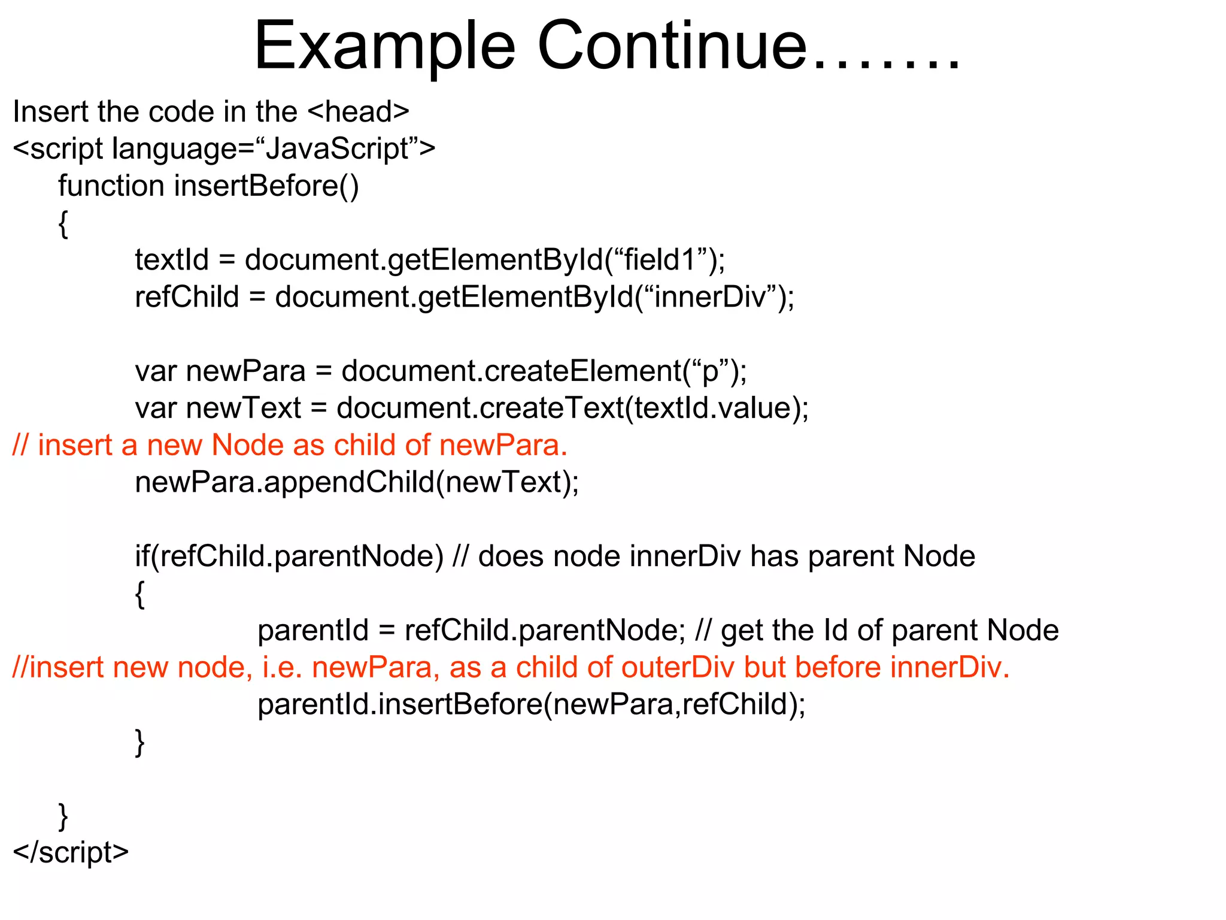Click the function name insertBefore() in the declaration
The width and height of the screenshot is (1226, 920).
tap(266, 186)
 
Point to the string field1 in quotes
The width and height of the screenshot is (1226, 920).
tap(659, 260)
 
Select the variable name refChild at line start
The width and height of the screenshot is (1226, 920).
tap(187, 297)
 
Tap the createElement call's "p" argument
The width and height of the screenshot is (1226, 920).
tap(711, 371)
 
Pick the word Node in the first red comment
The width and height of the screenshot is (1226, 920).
tap(247, 446)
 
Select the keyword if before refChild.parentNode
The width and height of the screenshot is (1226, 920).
tap(142, 556)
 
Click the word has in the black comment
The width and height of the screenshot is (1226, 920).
tap(774, 556)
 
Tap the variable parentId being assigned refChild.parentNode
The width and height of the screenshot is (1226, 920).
tap(312, 631)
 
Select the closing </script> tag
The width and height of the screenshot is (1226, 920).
tap(71, 852)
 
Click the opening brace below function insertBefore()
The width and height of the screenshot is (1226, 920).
tap(63, 224)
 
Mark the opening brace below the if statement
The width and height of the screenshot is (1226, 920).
tap(140, 594)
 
